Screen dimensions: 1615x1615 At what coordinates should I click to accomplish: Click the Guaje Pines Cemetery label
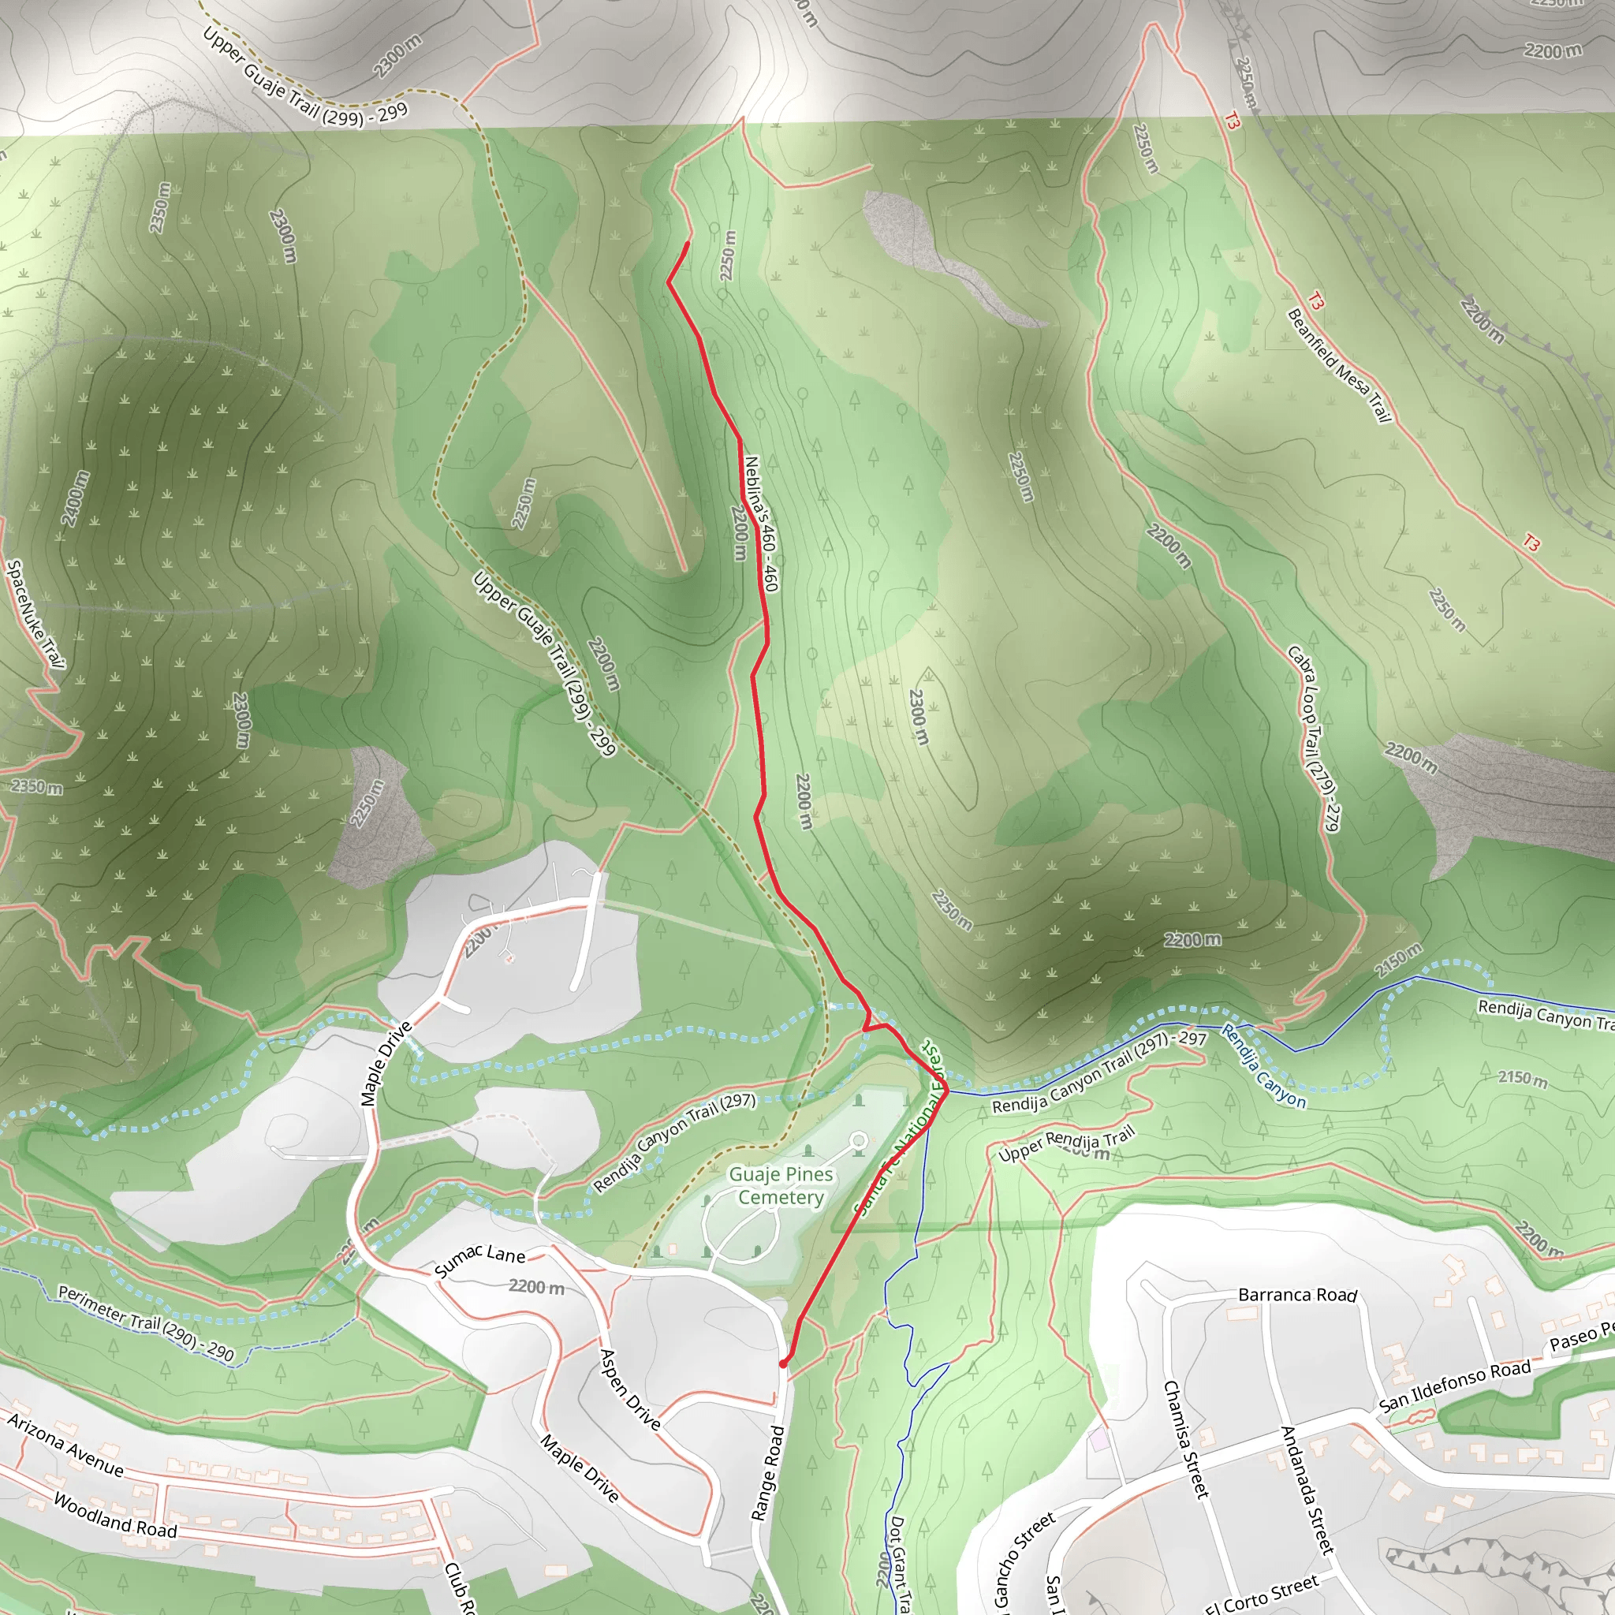tap(781, 1185)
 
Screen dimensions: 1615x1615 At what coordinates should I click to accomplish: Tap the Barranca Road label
tap(1297, 1295)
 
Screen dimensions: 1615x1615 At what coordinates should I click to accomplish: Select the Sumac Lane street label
tap(479, 1259)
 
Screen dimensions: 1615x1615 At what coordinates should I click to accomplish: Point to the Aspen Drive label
tap(630, 1389)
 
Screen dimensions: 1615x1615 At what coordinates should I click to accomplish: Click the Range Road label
tap(768, 1473)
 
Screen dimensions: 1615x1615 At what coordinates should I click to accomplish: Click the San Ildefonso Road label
tap(1453, 1385)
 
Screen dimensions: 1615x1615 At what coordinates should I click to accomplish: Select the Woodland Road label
tap(115, 1516)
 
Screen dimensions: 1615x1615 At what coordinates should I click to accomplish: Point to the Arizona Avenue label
tap(66, 1445)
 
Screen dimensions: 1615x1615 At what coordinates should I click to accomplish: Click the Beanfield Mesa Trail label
tap(1338, 365)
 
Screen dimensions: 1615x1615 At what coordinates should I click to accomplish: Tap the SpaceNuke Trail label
tap(35, 614)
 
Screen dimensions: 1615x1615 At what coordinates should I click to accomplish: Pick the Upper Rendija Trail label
tap(1067, 1144)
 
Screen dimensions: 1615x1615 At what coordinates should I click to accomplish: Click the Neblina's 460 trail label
tap(762, 524)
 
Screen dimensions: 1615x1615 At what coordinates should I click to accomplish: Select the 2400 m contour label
tap(75, 498)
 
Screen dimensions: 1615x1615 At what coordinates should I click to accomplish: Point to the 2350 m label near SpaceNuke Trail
tap(37, 786)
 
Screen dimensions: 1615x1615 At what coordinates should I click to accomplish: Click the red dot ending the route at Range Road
tap(783, 1363)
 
